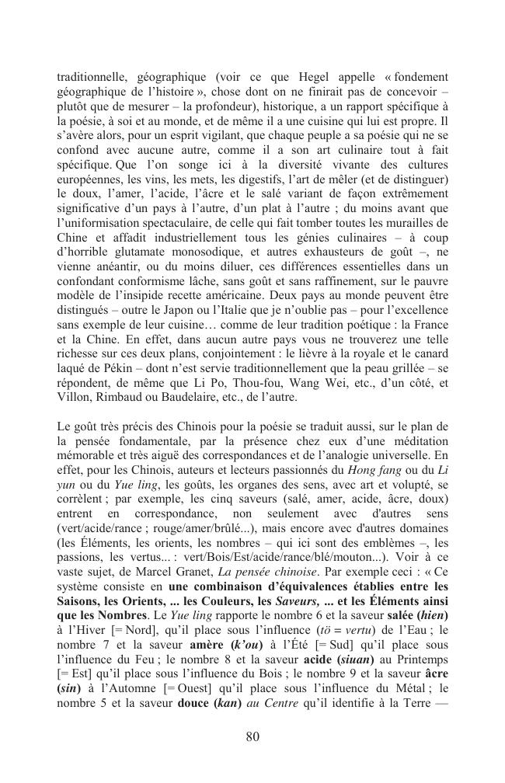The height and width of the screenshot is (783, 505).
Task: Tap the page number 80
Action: tap(252, 737)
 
